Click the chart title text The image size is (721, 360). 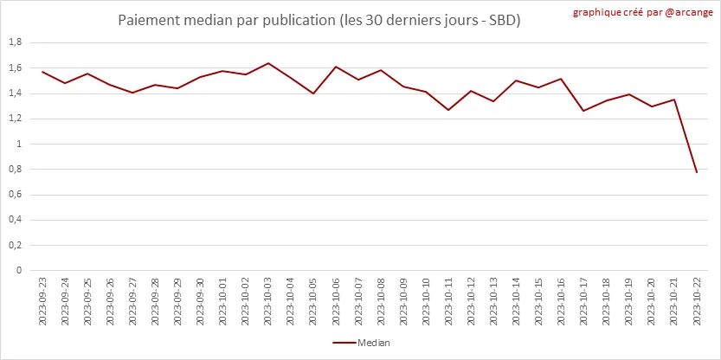pos(319,19)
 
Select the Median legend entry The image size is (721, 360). pos(362,343)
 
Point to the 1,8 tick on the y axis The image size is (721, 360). pos(15,42)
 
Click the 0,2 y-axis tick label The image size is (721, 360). pos(15,245)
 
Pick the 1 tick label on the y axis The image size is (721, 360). pos(19,144)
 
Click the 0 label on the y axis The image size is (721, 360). pos(19,270)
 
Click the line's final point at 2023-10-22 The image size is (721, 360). pos(696,172)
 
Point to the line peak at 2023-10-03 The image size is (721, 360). pos(268,63)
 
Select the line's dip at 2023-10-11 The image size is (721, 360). pos(448,110)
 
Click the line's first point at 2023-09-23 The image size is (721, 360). pos(42,72)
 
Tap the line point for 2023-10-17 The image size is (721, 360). pos(583,111)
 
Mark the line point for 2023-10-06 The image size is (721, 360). pos(336,67)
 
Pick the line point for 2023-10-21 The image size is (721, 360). pos(673,100)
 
